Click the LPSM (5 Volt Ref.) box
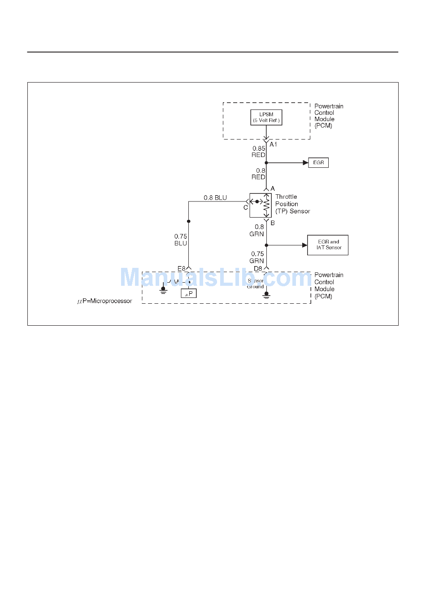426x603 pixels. pos(266,118)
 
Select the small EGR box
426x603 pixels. pos(318,162)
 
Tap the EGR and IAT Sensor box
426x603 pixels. pos(328,245)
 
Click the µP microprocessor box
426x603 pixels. pos(189,294)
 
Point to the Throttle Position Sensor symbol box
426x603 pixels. pos(261,205)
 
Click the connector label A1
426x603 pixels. pos(274,144)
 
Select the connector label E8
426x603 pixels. pos(181,268)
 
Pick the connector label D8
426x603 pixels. pos(258,268)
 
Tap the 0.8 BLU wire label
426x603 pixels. pos(215,197)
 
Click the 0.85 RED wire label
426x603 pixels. pos(259,152)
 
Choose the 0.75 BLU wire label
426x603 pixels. pos(181,240)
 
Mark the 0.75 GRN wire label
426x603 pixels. pos(257,257)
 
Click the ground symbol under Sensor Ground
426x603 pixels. pos(266,296)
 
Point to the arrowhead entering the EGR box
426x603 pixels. pos(306,162)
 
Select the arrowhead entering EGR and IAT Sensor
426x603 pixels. pos(305,245)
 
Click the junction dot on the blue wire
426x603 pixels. pos(188,221)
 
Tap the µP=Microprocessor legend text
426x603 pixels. pos(104,301)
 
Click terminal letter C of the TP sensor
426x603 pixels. pos(246,208)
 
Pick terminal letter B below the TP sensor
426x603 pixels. pos(273,223)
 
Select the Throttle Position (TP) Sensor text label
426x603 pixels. pos(292,204)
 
